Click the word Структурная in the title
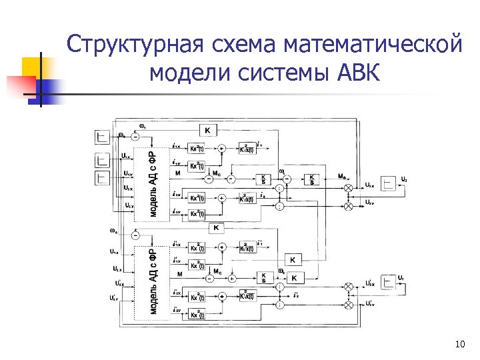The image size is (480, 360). pyautogui.click(x=134, y=46)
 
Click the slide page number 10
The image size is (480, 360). pyautogui.click(x=459, y=344)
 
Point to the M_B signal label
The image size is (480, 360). pyautogui.click(x=341, y=177)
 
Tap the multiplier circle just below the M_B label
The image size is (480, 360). pyautogui.click(x=348, y=189)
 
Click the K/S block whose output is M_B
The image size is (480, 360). pyautogui.click(x=312, y=179)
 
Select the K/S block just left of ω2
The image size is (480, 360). pyautogui.click(x=264, y=277)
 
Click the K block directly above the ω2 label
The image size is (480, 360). pyautogui.click(x=293, y=259)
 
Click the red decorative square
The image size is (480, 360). pyautogui.click(x=19, y=85)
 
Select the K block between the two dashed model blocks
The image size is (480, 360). pyautogui.click(x=215, y=229)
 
